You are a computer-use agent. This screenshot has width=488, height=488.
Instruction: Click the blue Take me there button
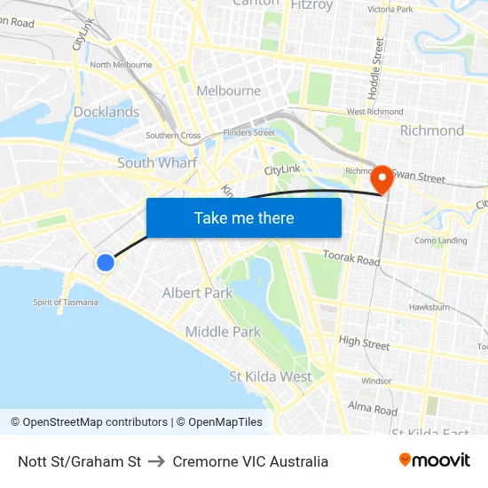[x=244, y=217]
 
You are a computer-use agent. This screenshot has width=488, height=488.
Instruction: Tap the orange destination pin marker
[x=382, y=177]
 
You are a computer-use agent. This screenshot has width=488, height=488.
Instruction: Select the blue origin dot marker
[x=106, y=262]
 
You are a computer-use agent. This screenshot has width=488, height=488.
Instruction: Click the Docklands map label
[x=106, y=112]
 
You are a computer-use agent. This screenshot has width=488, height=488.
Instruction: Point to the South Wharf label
[x=157, y=162]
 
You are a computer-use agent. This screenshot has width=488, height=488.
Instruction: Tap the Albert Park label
[x=197, y=293]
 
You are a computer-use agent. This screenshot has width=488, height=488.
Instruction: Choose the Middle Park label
[x=223, y=332]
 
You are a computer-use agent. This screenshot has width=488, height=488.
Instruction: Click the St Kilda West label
[x=271, y=376]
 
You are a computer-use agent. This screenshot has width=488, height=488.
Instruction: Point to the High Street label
[x=364, y=342]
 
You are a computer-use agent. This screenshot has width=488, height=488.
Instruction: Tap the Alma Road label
[x=373, y=409]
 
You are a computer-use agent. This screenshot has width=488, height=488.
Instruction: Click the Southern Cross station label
[x=173, y=136]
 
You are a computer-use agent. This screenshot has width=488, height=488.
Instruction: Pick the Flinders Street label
[x=251, y=132]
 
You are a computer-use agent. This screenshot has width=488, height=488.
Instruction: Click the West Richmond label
[x=374, y=112]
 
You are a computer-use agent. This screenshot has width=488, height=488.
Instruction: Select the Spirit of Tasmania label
[x=66, y=302]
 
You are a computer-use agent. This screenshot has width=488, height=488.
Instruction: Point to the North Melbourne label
[x=121, y=65]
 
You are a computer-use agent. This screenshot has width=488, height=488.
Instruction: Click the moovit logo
[x=435, y=460]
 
